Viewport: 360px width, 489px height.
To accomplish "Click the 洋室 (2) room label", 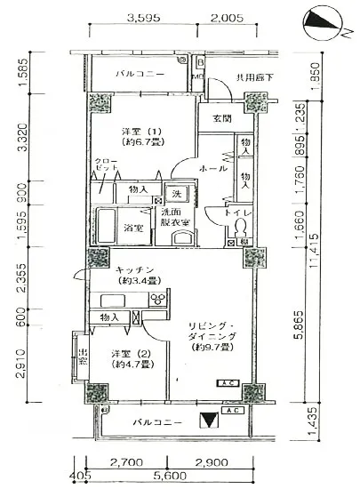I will pos(128,358).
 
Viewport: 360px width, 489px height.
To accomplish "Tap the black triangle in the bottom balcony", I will pos(208,421).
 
